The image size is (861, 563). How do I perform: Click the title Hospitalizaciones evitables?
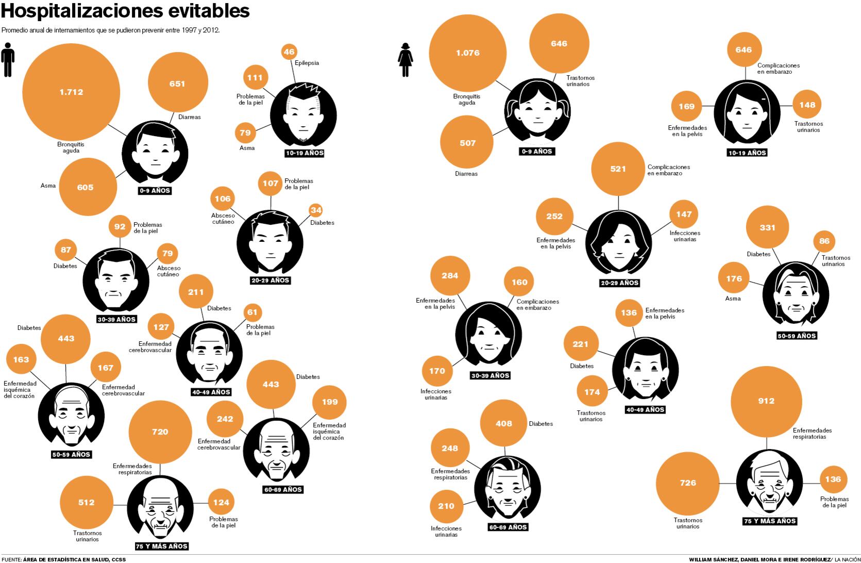coord(126,10)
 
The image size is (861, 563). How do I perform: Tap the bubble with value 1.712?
coord(71,92)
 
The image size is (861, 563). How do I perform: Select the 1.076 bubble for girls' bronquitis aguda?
coord(468,53)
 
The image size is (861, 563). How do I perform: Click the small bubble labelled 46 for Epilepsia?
coord(289,52)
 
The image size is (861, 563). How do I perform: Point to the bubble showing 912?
coord(766,401)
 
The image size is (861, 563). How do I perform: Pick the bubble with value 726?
coord(688,483)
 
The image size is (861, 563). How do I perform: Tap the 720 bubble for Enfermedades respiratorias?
coord(160,432)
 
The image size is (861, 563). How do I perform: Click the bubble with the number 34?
coord(316,210)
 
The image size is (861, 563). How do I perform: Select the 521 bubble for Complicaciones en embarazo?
coord(618,169)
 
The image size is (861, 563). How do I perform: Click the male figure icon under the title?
coord(8,59)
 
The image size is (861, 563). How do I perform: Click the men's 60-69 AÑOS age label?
coord(282,489)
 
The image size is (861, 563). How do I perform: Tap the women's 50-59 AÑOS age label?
coord(797,336)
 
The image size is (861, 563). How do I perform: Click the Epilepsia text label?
coord(307,63)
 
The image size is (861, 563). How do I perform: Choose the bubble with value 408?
coord(503,424)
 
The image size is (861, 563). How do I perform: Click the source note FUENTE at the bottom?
coord(63,559)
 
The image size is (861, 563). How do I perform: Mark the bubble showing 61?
coord(252,312)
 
